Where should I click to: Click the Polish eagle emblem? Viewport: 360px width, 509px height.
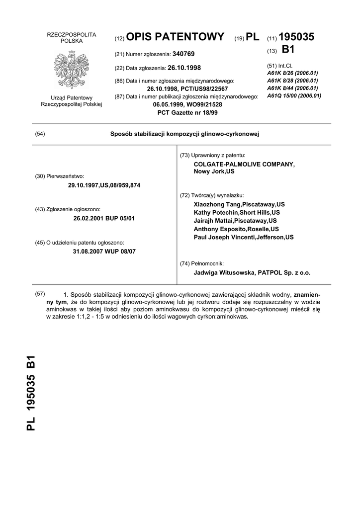coord(71,69)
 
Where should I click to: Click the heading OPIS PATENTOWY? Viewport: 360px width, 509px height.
coord(176,37)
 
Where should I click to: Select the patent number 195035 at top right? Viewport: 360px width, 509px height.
coord(297,37)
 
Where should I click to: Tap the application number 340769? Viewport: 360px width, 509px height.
coord(183,54)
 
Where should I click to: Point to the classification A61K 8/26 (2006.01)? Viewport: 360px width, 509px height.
coord(292,72)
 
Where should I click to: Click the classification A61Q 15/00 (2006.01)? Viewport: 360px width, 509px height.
coord(294,95)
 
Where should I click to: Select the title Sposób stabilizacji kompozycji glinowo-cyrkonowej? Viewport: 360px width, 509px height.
coord(184,134)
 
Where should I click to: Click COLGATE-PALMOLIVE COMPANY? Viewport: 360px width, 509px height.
coord(244,164)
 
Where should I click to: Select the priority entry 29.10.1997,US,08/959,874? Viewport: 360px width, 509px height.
coord(104,185)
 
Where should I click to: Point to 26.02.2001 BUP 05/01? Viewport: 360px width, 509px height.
coord(104,218)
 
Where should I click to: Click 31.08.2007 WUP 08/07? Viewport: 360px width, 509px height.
coord(104,251)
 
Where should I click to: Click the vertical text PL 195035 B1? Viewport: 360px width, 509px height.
coord(31,393)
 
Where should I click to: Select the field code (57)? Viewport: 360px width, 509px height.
coord(40,293)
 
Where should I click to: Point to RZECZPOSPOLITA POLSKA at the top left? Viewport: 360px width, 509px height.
coord(71,37)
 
